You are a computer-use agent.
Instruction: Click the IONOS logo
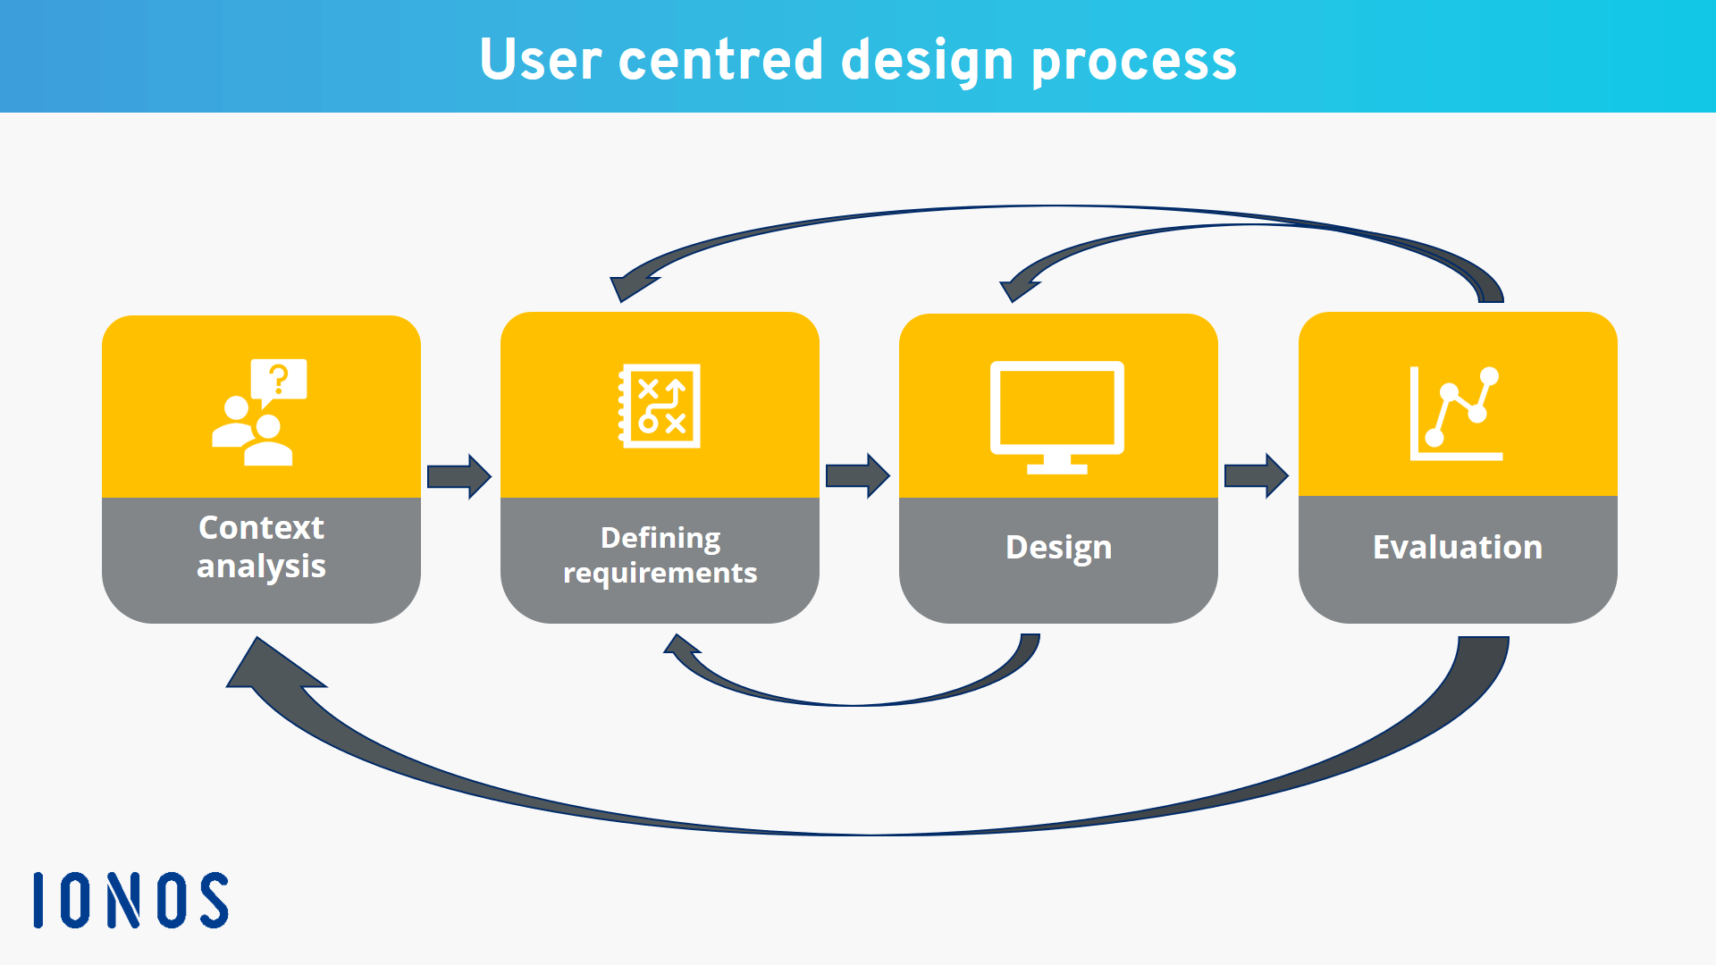tap(130, 900)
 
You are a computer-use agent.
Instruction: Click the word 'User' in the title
tap(540, 60)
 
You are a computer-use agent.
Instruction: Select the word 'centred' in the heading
tap(719, 60)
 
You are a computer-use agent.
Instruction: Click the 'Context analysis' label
tap(261, 547)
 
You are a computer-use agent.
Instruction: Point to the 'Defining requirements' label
tap(660, 555)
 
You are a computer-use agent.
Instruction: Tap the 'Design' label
tap(1058, 548)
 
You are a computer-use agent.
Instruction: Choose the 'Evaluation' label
tap(1457, 547)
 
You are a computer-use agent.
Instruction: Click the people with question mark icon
tap(259, 412)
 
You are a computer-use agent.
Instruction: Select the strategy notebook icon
tap(660, 406)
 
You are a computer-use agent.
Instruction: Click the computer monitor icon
tap(1056, 416)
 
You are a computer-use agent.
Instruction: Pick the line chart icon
tap(1455, 413)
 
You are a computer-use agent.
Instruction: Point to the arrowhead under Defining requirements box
tap(684, 648)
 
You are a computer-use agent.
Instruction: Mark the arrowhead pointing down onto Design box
tap(1018, 288)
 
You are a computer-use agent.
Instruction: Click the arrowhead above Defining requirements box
tap(629, 286)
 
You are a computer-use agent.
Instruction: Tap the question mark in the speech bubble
tap(279, 379)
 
